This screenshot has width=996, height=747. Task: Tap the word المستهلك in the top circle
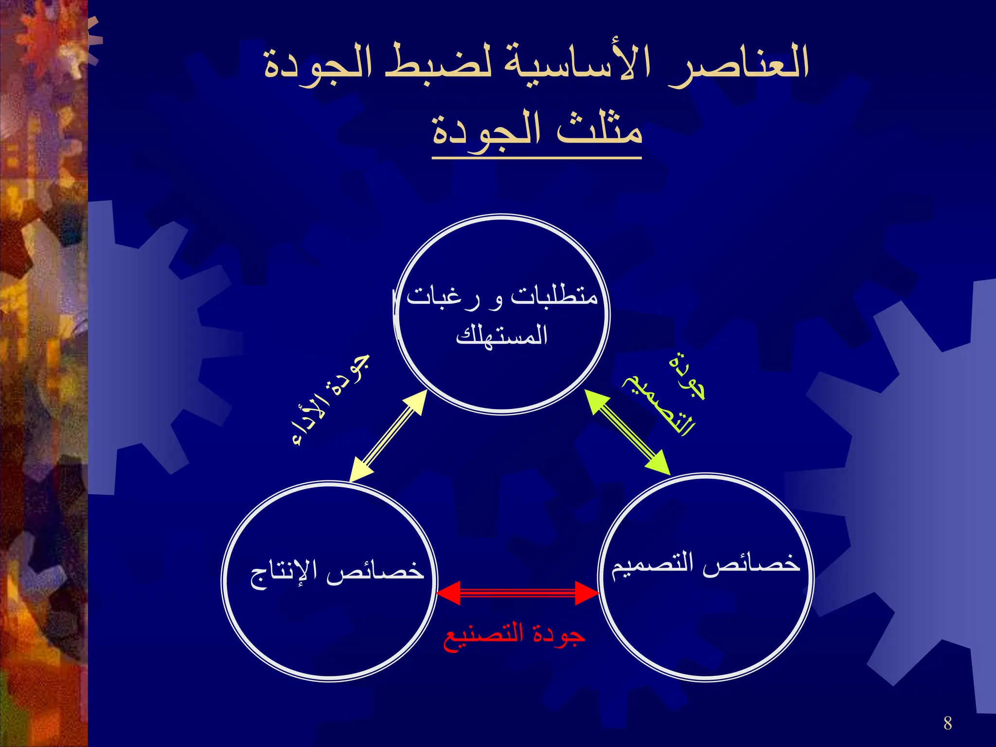pyautogui.click(x=502, y=336)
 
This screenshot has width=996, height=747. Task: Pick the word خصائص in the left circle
pyautogui.click(x=374, y=569)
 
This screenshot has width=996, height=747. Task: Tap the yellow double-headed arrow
pyautogui.click(x=388, y=436)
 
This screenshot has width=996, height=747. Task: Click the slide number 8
pyautogui.click(x=947, y=723)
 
